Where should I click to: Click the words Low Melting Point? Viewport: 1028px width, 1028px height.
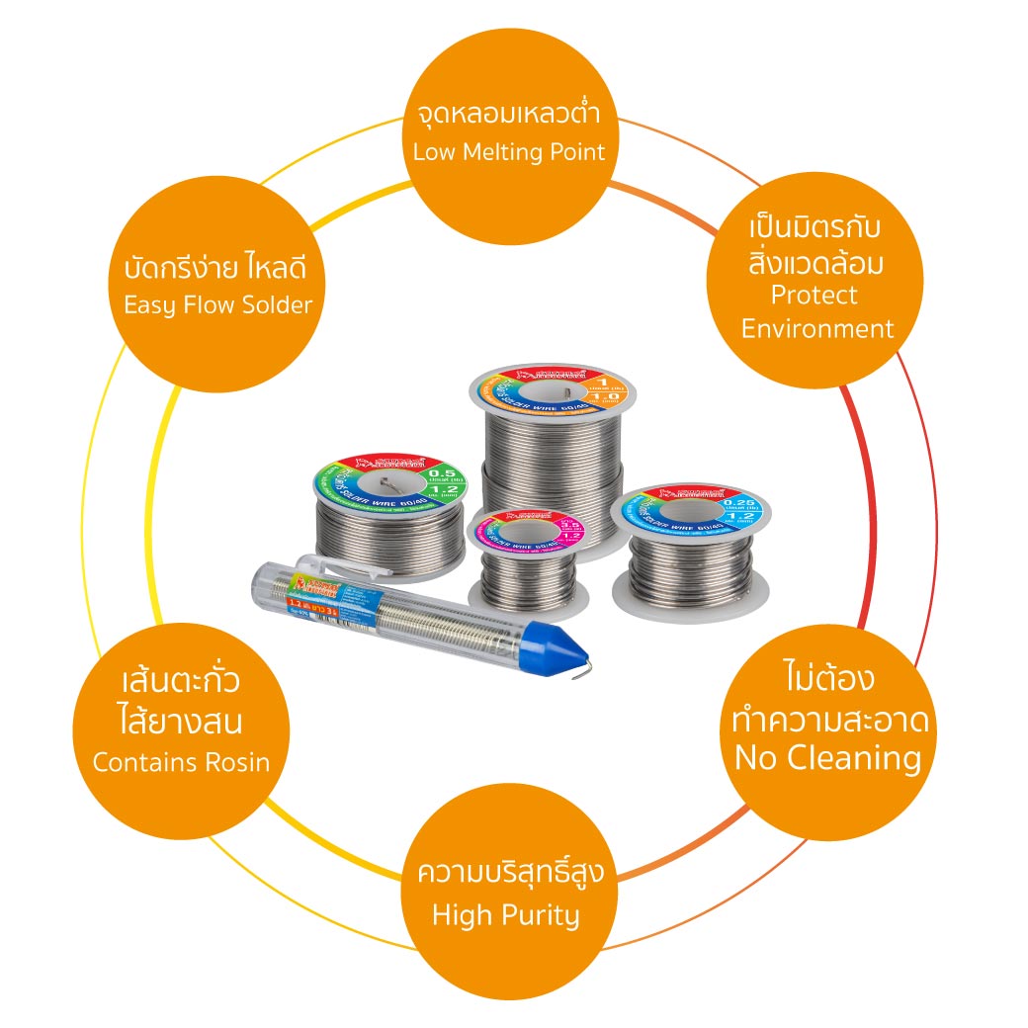(x=508, y=152)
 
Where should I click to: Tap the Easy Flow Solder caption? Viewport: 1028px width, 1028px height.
(x=217, y=304)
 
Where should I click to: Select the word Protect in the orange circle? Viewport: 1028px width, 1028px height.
(x=814, y=295)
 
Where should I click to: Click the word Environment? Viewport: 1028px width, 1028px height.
(x=817, y=328)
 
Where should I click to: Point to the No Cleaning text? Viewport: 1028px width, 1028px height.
(x=827, y=758)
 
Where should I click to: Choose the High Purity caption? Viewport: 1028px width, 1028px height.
(x=505, y=914)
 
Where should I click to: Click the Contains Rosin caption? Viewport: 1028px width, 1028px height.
(x=181, y=762)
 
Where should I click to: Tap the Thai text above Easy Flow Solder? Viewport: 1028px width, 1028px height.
(x=217, y=269)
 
